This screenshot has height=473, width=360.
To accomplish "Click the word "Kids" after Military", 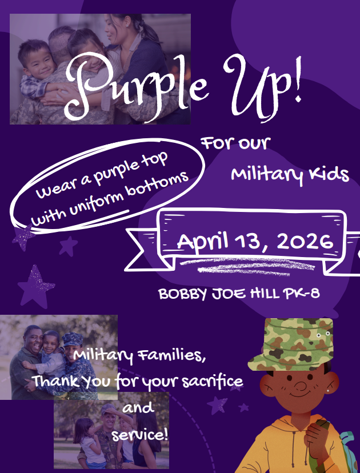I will point(328,174).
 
